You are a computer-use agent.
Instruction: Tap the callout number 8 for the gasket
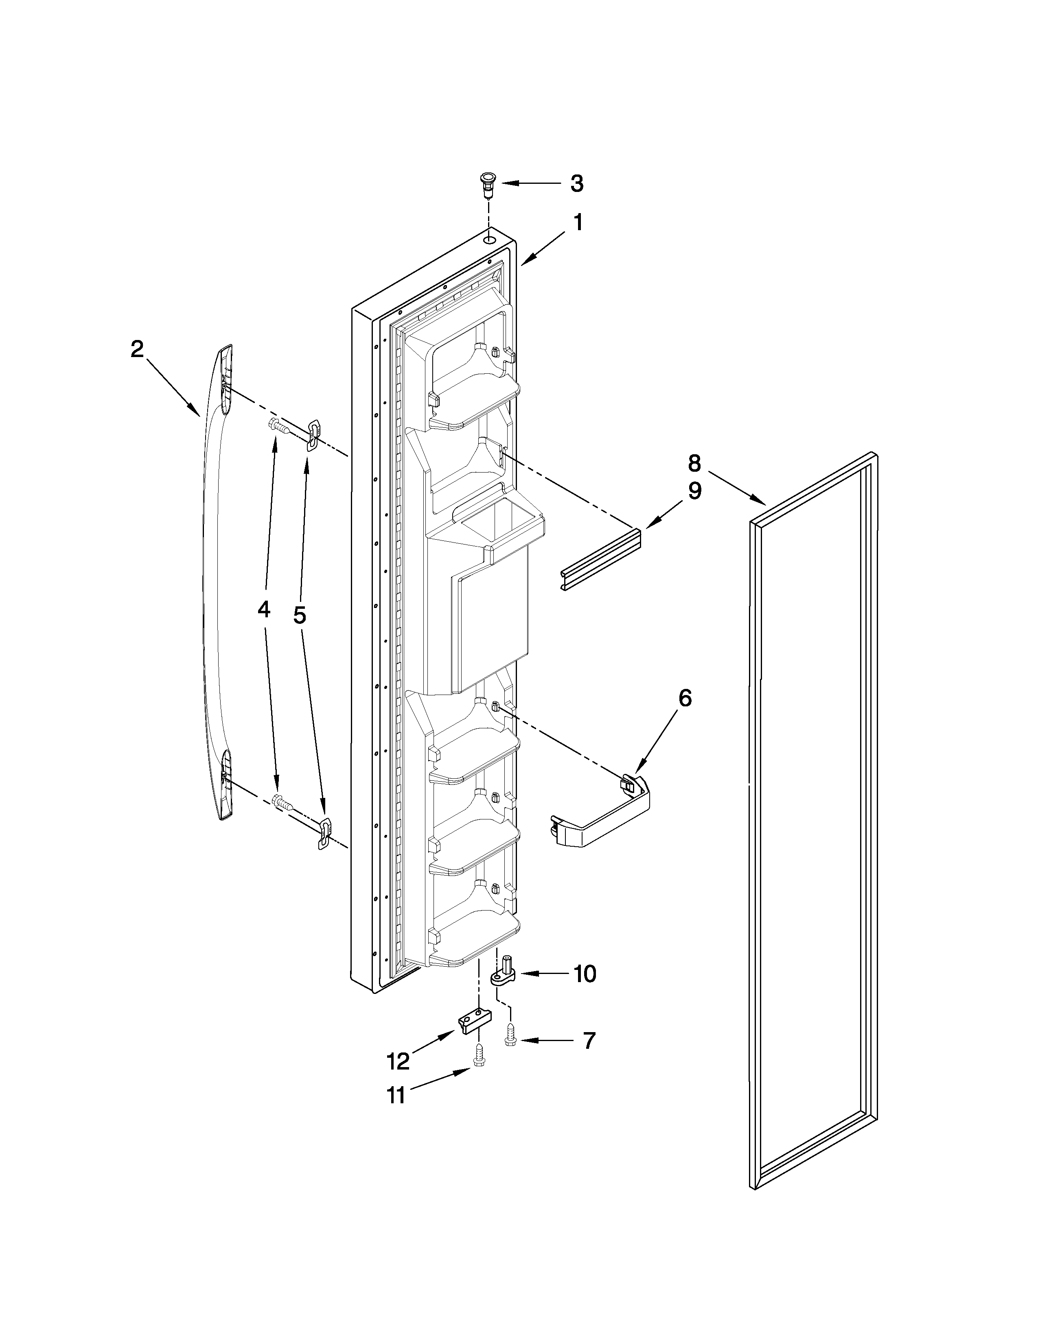(694, 462)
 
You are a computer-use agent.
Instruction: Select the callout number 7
(589, 1040)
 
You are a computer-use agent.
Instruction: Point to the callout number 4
(263, 609)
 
